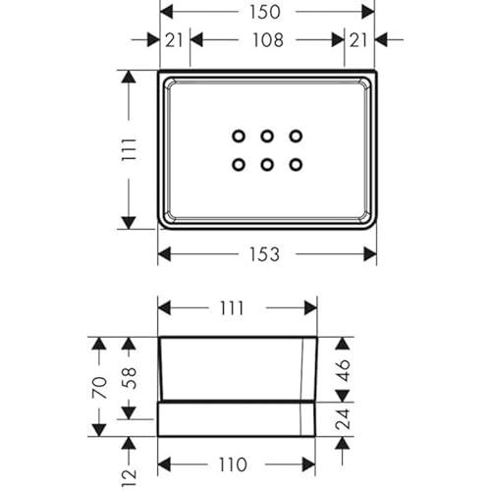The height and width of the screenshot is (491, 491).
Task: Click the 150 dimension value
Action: (265, 12)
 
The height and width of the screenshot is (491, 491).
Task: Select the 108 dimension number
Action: (268, 40)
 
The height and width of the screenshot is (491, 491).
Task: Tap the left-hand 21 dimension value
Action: (174, 40)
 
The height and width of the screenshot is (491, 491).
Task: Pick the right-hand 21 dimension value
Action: (358, 40)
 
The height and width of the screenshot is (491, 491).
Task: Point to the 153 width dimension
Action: (264, 254)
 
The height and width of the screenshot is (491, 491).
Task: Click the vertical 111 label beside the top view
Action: (129, 149)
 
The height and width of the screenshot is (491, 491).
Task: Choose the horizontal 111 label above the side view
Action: (232, 308)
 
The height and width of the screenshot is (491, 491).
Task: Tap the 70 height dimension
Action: (100, 388)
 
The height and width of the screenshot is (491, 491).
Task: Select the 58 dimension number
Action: (129, 378)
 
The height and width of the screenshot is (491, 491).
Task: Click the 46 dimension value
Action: (343, 370)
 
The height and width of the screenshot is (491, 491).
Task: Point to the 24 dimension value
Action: (343, 419)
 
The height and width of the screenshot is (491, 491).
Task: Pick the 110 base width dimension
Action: (233, 464)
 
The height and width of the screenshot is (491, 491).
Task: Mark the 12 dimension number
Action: (129, 477)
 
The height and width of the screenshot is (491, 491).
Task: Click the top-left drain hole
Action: (239, 136)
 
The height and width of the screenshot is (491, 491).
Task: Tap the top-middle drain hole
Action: (267, 136)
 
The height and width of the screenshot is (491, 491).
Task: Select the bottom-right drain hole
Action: (296, 165)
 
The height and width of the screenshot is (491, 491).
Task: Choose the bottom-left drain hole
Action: (239, 165)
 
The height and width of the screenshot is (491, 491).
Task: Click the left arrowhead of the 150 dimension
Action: (166, 12)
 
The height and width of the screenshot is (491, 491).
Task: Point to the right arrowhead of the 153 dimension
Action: (370, 254)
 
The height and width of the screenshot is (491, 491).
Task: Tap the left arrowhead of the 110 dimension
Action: (164, 464)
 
